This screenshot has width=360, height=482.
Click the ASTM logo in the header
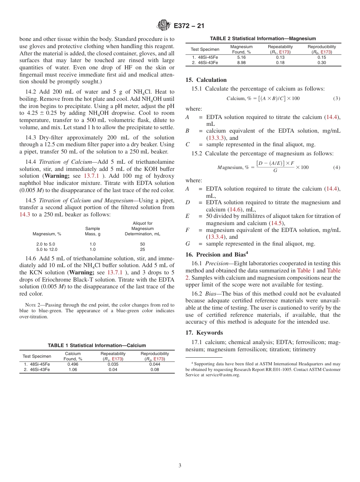pyautogui.click(x=164, y=26)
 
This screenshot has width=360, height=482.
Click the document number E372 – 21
pyautogui.click(x=189, y=26)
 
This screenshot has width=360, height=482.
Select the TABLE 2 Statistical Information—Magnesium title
pyautogui.click(x=263, y=39)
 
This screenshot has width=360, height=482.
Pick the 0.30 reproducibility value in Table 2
pyautogui.click(x=321, y=63)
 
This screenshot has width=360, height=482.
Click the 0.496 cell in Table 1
pyautogui.click(x=73, y=364)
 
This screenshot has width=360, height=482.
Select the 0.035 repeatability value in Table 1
pyautogui.click(x=113, y=364)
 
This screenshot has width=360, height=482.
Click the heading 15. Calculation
pyautogui.click(x=206, y=80)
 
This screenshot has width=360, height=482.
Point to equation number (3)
pyautogui.click(x=337, y=99)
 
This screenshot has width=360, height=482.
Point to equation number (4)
pyautogui.click(x=337, y=167)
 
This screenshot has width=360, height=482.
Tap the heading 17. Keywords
pyautogui.click(x=204, y=333)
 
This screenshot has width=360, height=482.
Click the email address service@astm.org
pyautogui.click(x=222, y=375)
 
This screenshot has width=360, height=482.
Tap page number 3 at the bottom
pyautogui.click(x=180, y=465)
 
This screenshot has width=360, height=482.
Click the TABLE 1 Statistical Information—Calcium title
pyautogui.click(x=97, y=345)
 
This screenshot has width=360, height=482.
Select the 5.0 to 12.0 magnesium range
pyautogui.click(x=47, y=250)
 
